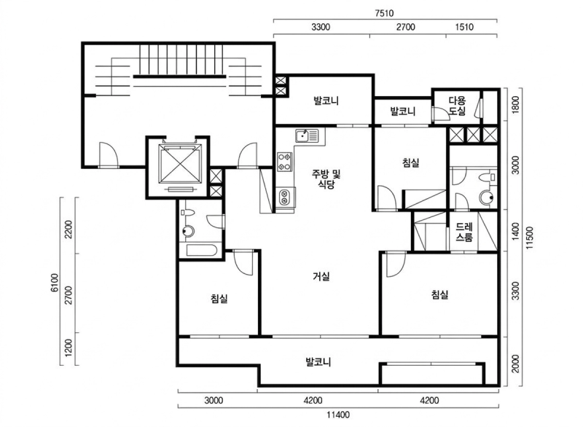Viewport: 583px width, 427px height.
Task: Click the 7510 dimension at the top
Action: tap(384, 13)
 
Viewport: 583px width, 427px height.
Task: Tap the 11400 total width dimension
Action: tap(338, 415)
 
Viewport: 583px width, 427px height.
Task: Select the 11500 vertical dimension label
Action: tap(530, 238)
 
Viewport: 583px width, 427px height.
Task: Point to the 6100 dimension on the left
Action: tap(55, 283)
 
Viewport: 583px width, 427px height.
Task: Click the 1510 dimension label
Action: tap(464, 27)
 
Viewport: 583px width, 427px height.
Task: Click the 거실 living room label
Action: tap(321, 276)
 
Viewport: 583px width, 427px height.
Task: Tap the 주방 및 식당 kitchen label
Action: tap(326, 179)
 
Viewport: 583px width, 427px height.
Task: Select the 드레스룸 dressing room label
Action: tap(464, 232)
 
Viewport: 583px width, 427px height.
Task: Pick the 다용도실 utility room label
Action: tap(457, 106)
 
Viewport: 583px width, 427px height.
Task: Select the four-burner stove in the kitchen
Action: tap(285, 162)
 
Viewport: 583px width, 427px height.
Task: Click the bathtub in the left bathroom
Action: tap(202, 250)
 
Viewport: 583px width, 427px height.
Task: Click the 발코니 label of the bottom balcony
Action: tap(318, 361)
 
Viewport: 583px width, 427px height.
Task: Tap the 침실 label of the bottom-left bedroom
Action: tap(219, 298)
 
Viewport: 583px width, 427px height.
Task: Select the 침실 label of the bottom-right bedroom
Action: tap(439, 294)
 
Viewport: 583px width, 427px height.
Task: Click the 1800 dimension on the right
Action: tap(515, 105)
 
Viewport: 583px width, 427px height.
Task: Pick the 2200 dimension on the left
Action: tap(69, 230)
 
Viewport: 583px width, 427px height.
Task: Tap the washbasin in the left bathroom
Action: tap(189, 231)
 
